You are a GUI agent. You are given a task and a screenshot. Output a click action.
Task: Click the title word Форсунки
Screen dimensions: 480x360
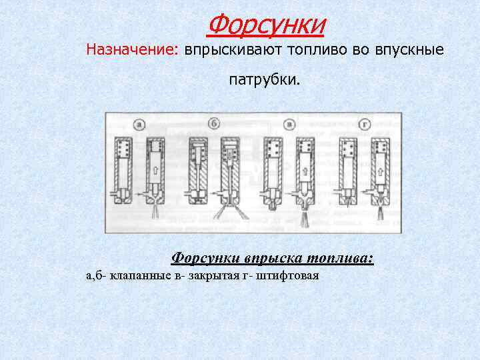click(266, 25)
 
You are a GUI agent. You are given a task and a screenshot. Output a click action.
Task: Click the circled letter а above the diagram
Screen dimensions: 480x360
click(139, 123)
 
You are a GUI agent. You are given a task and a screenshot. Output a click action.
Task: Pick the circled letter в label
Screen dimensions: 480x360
click(289, 123)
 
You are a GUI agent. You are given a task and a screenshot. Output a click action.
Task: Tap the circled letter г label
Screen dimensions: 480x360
click(364, 123)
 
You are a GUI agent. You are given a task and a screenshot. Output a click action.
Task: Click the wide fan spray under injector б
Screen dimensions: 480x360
click(228, 211)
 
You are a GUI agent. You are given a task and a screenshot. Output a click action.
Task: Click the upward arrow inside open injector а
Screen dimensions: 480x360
click(155, 171)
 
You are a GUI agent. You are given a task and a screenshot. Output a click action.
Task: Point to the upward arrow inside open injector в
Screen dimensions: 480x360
click(304, 171)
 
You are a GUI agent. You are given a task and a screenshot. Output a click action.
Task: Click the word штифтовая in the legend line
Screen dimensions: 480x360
click(291, 275)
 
